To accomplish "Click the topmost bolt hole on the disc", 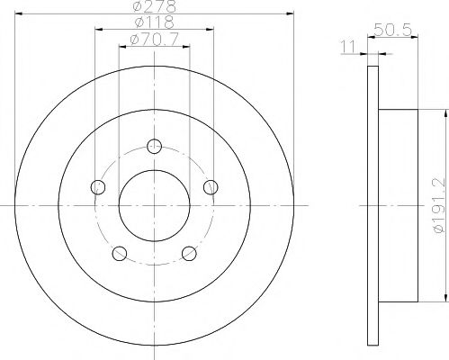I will pyautogui.click(x=155, y=146).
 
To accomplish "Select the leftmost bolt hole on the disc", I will pyautogui.click(x=98, y=187).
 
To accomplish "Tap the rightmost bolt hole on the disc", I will pyautogui.click(x=211, y=187).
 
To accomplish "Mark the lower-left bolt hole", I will pyautogui.click(x=120, y=253).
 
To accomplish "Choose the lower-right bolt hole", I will pyautogui.click(x=190, y=253).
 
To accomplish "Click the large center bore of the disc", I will pyautogui.click(x=155, y=205).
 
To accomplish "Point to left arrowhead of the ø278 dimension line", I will pyautogui.click(x=18, y=13).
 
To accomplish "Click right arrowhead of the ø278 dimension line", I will pyautogui.click(x=292, y=13).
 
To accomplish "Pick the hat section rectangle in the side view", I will pyautogui.click(x=400, y=205).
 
